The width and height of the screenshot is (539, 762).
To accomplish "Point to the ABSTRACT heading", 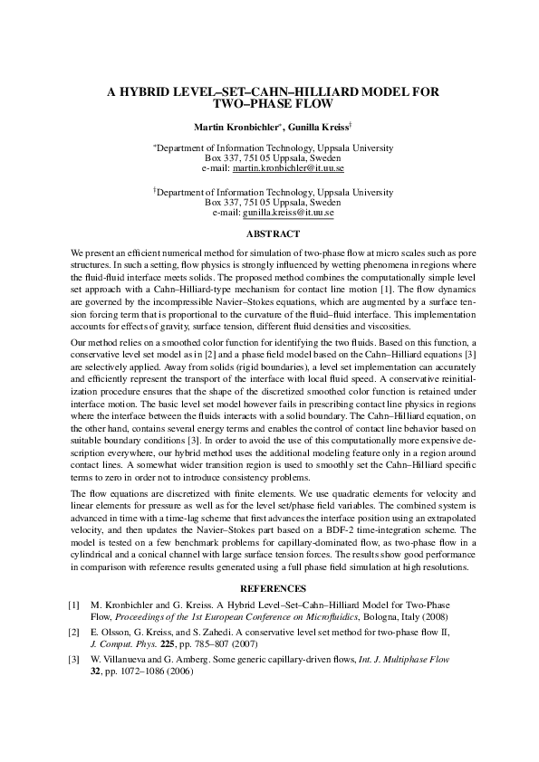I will pyautogui.click(x=269, y=233).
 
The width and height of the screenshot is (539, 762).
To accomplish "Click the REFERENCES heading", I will pyautogui.click(x=269, y=588).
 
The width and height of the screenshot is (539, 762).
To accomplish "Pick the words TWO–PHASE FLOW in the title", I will pyautogui.click(x=269, y=104).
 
